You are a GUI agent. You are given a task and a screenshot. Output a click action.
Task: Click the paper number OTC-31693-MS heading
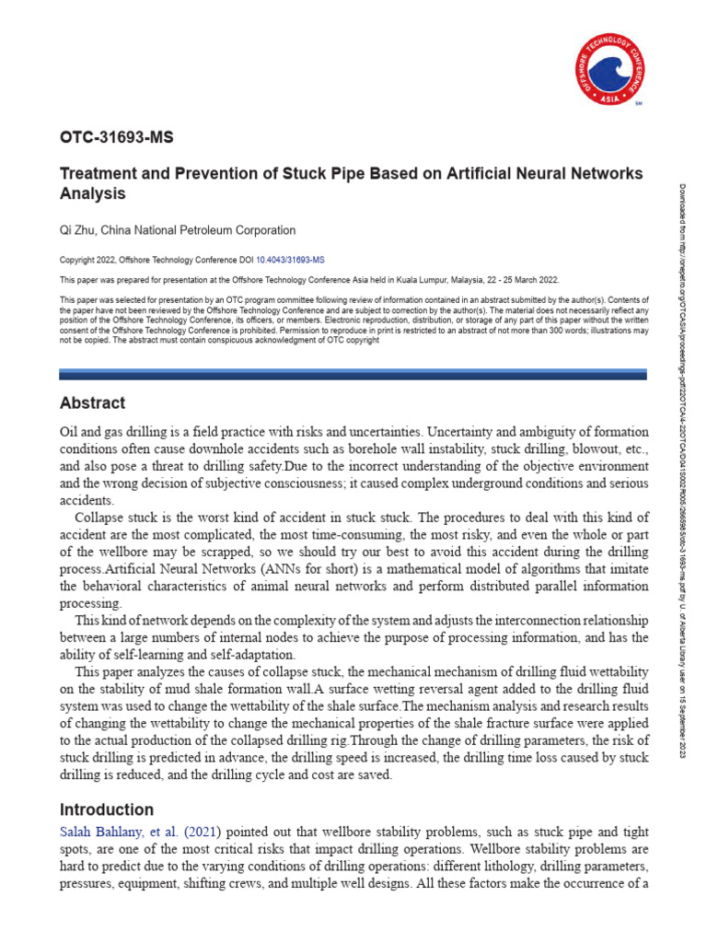[116, 138]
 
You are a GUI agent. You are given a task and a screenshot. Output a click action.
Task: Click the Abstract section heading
[92, 403]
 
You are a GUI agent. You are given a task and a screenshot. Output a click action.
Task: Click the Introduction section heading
[106, 810]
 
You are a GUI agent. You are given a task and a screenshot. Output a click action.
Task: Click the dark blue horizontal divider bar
[353, 374]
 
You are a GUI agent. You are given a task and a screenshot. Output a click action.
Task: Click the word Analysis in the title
[92, 194]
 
